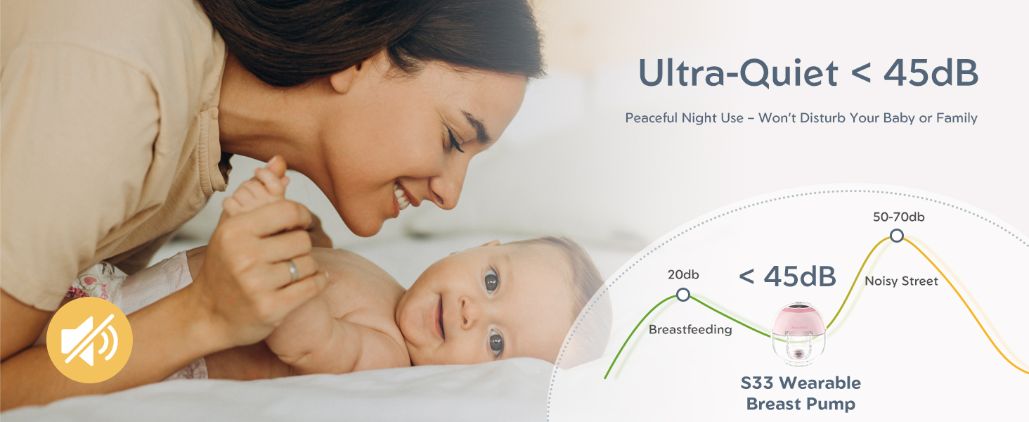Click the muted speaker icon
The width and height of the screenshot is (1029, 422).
tap(89, 340)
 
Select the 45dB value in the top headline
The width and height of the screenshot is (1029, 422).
tap(931, 72)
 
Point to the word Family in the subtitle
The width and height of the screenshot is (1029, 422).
tap(957, 119)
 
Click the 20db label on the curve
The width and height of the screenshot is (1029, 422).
tap(683, 274)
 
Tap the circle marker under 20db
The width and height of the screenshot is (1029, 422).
tap(683, 295)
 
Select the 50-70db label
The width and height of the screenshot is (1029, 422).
tap(898, 217)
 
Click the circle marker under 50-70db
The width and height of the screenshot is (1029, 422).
tap(897, 236)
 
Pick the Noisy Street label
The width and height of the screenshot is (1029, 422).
tap(901, 281)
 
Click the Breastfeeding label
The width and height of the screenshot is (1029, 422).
tap(690, 329)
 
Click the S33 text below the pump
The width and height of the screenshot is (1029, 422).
tap(758, 383)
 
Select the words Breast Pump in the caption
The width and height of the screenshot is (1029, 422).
tap(801, 404)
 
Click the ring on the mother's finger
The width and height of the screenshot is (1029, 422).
tap(292, 271)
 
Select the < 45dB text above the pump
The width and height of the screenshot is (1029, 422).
tap(787, 276)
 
